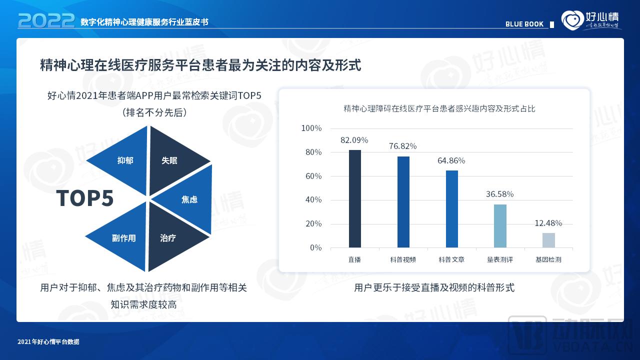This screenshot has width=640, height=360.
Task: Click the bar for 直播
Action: point(354,198)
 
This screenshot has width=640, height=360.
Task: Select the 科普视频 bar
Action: point(403,202)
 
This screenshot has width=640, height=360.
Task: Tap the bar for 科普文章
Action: point(451,209)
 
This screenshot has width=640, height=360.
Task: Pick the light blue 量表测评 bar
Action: point(500,226)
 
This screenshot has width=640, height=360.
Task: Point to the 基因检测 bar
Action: point(548,240)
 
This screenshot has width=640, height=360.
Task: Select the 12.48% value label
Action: point(548,223)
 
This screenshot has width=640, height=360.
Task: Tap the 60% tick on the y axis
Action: point(311,176)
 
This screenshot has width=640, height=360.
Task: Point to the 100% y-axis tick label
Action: point(311,128)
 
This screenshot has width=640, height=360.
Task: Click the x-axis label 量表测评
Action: point(500,260)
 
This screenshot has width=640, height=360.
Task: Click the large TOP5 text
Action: point(85,198)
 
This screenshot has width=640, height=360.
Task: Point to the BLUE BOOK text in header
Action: point(524,24)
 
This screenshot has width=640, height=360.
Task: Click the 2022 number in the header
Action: point(46,20)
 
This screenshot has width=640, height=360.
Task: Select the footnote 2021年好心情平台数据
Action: point(48,342)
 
